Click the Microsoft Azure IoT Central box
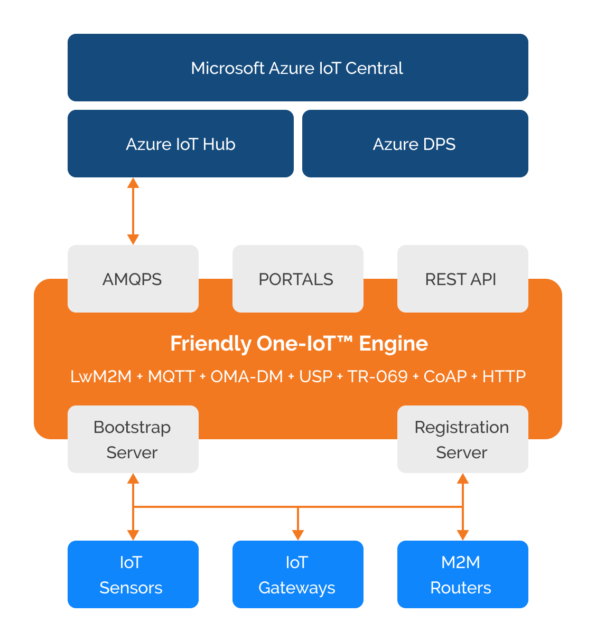297,68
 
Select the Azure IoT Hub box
180,144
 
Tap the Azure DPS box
415,144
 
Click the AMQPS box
133,279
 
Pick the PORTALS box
297,279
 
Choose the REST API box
462,279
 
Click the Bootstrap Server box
133,439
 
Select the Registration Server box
462,439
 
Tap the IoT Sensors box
133,574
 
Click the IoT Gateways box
297,574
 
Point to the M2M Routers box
462,574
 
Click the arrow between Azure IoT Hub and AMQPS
133,211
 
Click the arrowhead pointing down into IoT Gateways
298,534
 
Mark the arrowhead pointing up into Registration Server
463,479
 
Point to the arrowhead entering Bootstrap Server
133,479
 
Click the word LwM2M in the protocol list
101,376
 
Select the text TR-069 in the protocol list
377,376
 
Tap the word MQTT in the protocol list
171,376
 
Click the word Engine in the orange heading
394,344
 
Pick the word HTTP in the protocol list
504,376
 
